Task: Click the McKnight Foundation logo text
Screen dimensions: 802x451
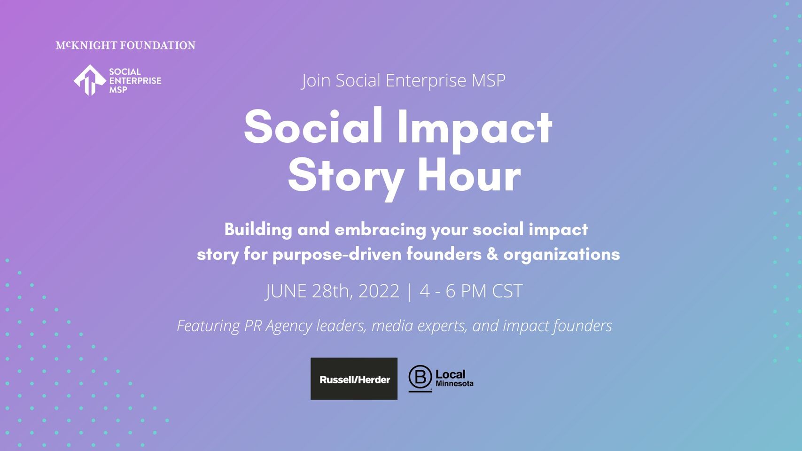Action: point(125,46)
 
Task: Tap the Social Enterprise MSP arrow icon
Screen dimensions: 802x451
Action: point(90,80)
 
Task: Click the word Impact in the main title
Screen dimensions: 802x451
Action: point(475,130)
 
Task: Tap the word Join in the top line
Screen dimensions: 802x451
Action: point(315,80)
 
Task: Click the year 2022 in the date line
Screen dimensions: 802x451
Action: point(378,291)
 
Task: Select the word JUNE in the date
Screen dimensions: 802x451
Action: point(286,291)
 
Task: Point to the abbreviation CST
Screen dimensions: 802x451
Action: point(507,291)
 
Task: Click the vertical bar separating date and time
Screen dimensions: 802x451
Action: point(409,292)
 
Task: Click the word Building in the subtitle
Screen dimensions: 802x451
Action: point(258,230)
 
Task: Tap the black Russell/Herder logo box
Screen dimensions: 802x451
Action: point(354,379)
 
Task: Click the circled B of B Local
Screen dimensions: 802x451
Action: point(420,377)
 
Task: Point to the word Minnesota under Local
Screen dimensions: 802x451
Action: point(454,384)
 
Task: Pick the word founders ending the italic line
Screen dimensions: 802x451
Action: point(583,326)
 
